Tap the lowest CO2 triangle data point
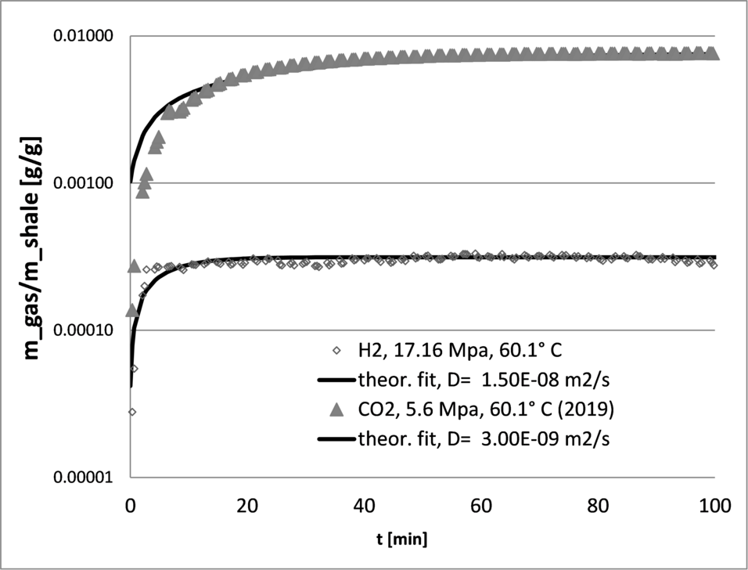133,310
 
